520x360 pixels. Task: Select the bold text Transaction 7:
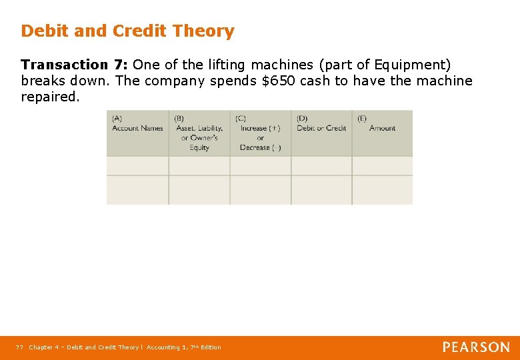[x=75, y=65]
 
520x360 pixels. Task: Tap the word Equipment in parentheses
[x=411, y=65]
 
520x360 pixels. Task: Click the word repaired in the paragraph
[x=49, y=97]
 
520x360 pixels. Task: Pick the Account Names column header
[x=137, y=128]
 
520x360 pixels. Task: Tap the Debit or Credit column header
[x=321, y=128]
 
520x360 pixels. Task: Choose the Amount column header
[x=382, y=128]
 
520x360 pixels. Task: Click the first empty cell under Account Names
[x=137, y=166]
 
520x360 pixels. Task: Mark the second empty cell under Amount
[x=382, y=189]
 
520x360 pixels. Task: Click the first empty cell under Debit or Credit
[x=321, y=166]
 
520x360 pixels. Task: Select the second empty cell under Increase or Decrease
[x=261, y=189]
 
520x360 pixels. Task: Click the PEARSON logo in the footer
[x=476, y=347]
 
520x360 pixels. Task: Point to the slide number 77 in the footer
[x=20, y=347]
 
